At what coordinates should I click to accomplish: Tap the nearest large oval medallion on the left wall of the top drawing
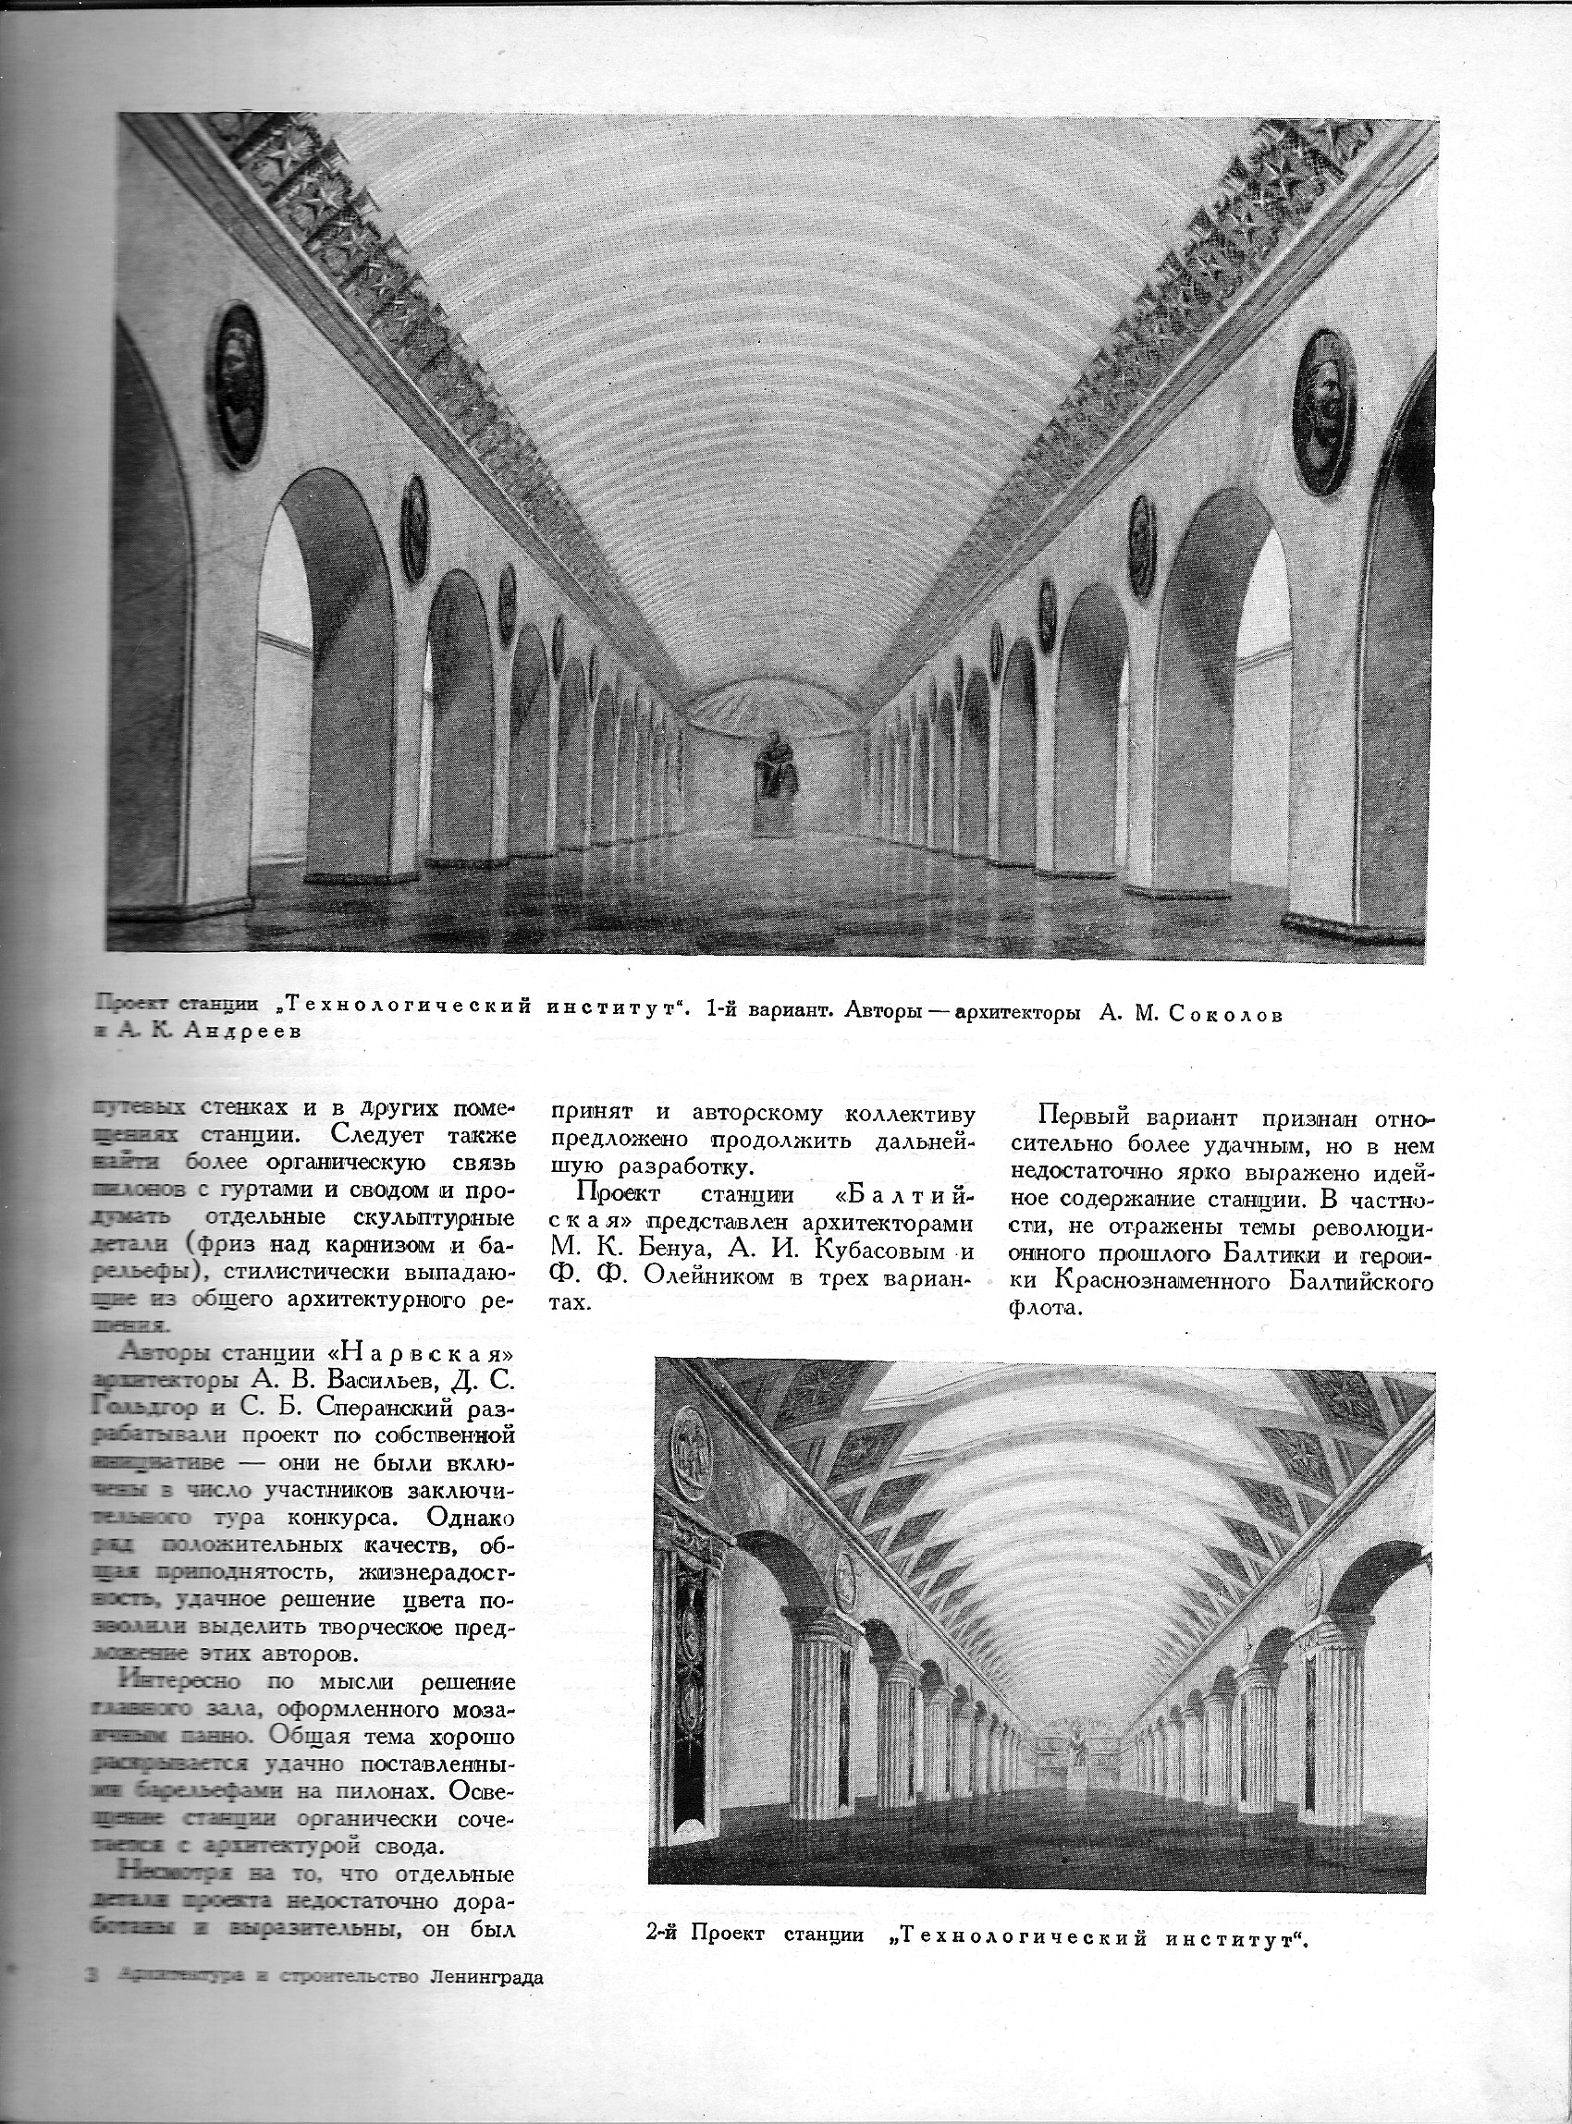237,385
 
